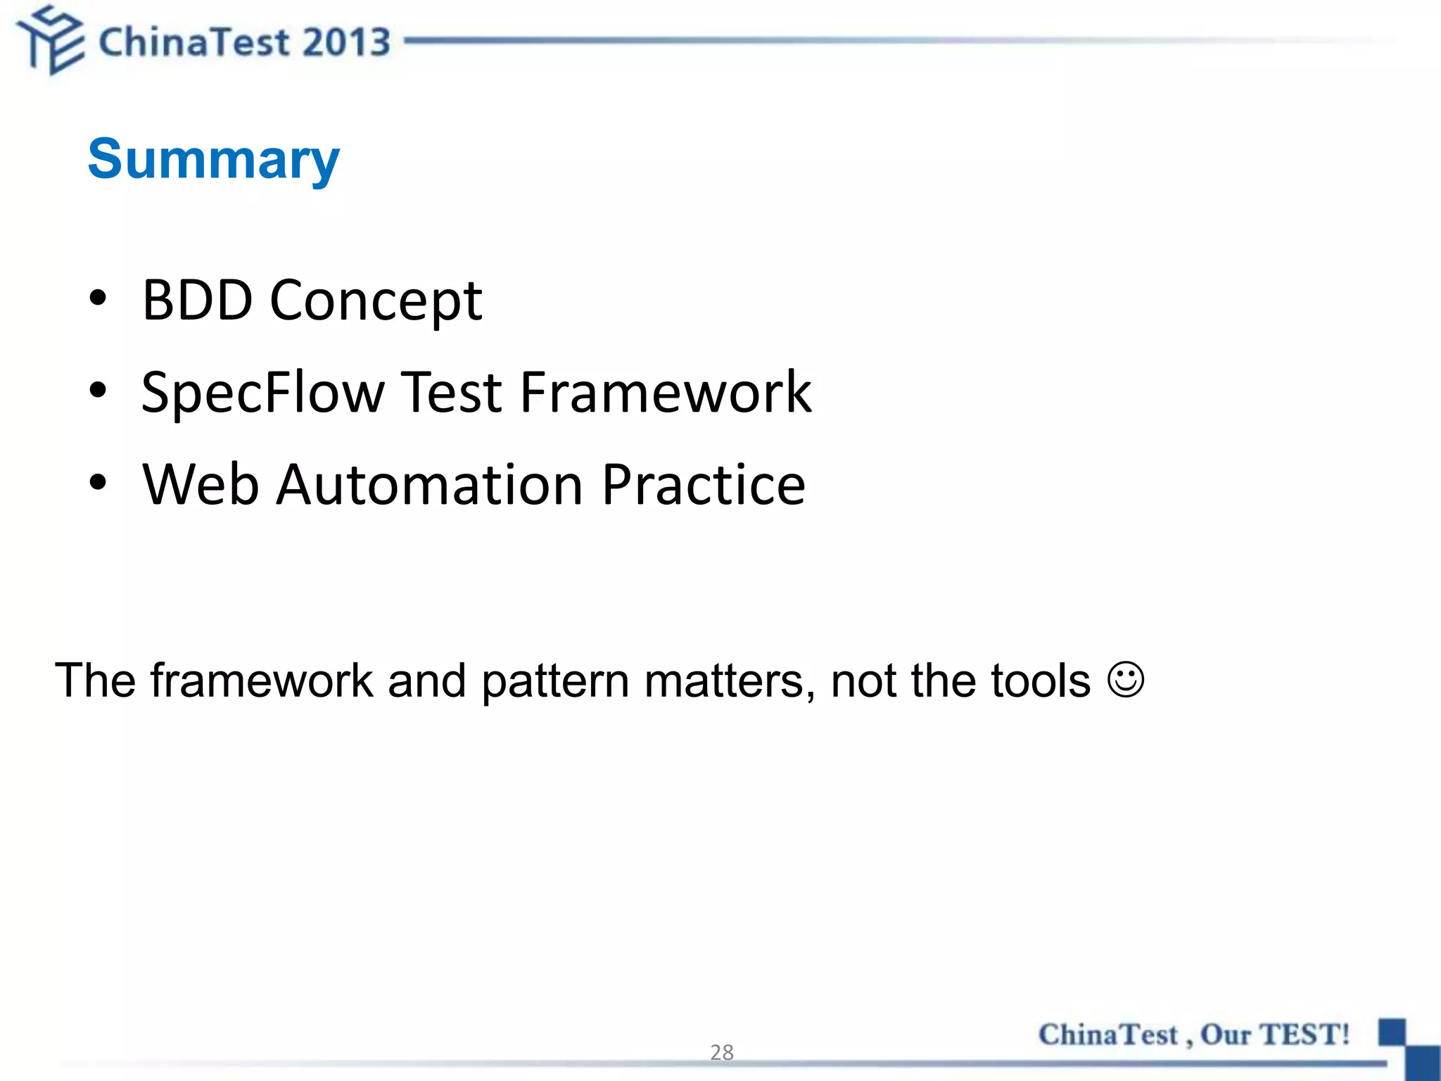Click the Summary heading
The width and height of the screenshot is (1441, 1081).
click(213, 160)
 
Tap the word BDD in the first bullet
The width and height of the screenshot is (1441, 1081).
click(197, 301)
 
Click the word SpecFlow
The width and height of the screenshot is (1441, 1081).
click(262, 393)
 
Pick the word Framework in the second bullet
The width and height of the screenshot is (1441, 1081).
click(666, 392)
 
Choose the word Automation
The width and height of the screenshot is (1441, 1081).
click(429, 485)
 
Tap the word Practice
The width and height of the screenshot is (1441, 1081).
click(703, 485)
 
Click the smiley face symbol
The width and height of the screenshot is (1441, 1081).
click(1126, 680)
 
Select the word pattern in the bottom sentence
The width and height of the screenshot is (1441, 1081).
click(555, 681)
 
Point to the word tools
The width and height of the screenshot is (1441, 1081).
click(1041, 681)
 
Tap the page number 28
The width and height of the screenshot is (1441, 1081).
click(722, 1052)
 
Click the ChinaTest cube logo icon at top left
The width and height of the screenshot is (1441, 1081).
click(51, 40)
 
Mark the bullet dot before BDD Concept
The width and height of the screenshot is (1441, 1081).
click(98, 298)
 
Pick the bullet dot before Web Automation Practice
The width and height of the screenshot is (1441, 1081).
click(98, 483)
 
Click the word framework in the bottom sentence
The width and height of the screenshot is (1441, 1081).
click(262, 681)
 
